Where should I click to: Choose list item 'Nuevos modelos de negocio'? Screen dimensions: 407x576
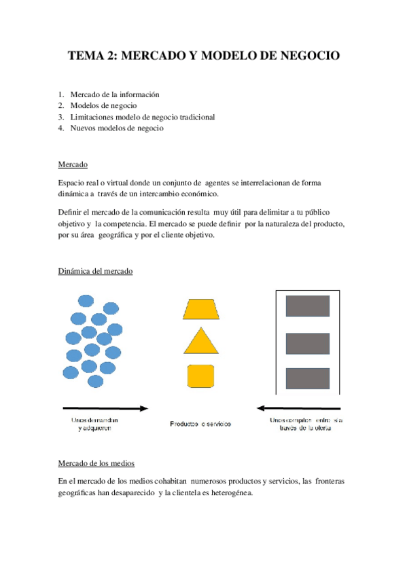[117, 128]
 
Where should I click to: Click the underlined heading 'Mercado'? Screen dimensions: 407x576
[73, 165]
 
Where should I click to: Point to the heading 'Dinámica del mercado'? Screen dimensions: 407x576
[96, 271]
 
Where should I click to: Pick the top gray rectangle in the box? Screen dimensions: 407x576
[307, 306]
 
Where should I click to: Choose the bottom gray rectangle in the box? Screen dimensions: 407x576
[307, 378]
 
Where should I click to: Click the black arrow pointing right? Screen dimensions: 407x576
[105, 408]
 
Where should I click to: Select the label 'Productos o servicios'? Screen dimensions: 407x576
[200, 424]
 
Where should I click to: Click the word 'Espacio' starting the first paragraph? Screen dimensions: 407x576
[72, 183]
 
